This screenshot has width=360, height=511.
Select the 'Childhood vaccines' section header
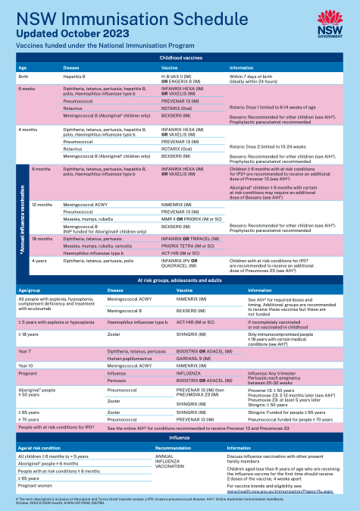180,58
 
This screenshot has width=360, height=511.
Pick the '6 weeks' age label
27,89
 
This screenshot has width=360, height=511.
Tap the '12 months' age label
42,205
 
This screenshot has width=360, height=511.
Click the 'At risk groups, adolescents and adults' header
180,281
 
